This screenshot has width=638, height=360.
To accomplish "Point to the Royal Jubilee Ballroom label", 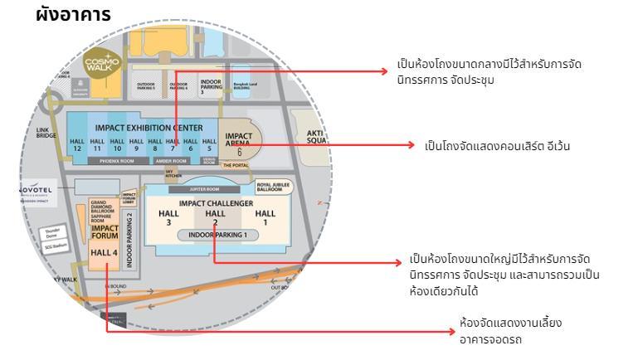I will [274, 186].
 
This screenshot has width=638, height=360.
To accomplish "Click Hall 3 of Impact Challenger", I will [168, 217].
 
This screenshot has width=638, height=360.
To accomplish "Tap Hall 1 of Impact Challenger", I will [265, 217].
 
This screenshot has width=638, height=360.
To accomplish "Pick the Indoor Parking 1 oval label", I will [217, 235].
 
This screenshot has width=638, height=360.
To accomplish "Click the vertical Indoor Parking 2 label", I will [129, 240].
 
